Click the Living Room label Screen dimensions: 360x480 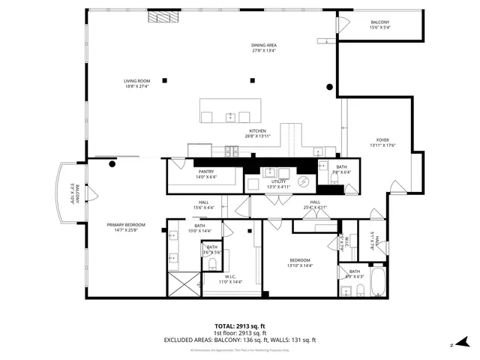coord(137,83)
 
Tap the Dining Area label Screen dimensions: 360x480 coord(263,49)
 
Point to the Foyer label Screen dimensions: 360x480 coord(382,142)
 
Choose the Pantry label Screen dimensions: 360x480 coord(206,174)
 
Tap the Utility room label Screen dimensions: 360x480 coord(279,184)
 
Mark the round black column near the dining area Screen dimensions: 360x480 coord(329,88)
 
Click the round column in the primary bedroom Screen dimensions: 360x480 coord(112,165)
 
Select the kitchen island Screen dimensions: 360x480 coord(230,112)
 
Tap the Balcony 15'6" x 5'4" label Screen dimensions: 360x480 coord(379,25)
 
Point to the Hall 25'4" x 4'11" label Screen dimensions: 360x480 coord(316,204)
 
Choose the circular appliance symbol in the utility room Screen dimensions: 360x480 coord(304,181)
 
